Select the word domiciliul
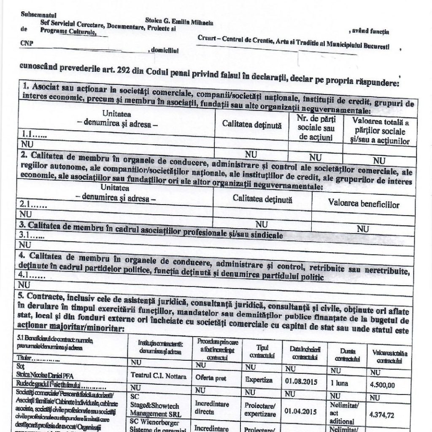point(165,50)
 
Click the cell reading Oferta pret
point(211,378)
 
